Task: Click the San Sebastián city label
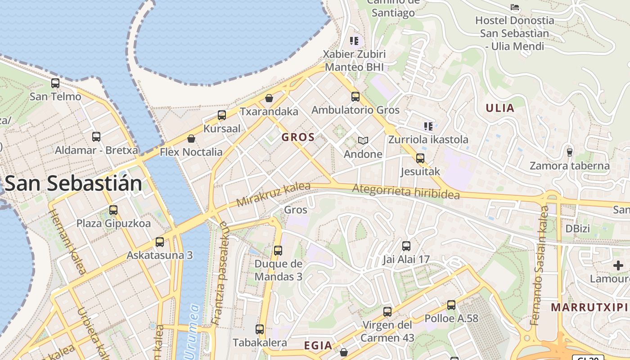[73, 184]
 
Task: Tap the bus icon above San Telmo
[55, 83]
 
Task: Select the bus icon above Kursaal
[222, 115]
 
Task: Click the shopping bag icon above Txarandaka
[269, 98]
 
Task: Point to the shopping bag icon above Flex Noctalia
[191, 139]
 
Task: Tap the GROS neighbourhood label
[298, 137]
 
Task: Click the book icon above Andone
[363, 141]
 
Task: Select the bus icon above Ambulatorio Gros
[355, 97]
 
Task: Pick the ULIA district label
[500, 108]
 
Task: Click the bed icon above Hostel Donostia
[515, 7]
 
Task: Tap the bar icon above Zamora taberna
[570, 152]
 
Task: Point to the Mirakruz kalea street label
[273, 194]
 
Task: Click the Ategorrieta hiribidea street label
[406, 192]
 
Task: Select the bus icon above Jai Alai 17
[406, 246]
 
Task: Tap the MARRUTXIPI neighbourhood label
[589, 307]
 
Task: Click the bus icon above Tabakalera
[260, 329]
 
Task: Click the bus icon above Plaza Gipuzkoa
[113, 210]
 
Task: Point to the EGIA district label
[318, 346]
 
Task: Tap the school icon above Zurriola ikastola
[428, 126]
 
